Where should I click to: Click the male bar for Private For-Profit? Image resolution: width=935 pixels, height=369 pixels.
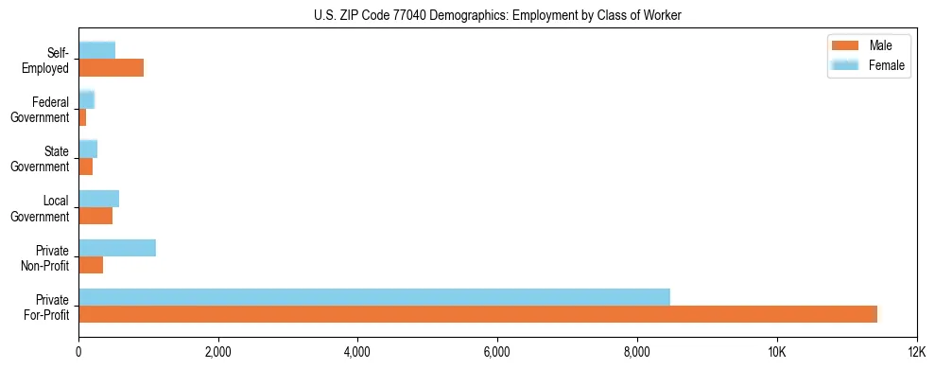(477, 314)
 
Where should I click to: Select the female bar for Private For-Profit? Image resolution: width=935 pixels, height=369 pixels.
(374, 297)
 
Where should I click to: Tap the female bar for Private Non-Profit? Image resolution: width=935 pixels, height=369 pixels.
(117, 248)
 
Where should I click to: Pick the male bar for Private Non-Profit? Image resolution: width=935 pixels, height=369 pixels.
(91, 266)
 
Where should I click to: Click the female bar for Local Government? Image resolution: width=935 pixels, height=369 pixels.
(98, 199)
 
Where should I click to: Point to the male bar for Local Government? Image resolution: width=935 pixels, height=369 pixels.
(95, 216)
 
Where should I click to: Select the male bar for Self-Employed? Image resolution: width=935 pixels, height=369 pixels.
(111, 68)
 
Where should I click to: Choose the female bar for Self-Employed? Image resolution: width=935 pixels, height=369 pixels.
(96, 50)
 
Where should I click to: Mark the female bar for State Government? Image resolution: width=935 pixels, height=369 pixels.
(88, 149)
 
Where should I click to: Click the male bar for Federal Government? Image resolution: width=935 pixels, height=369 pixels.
(82, 117)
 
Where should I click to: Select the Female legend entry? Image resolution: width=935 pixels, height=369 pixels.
(868, 65)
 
